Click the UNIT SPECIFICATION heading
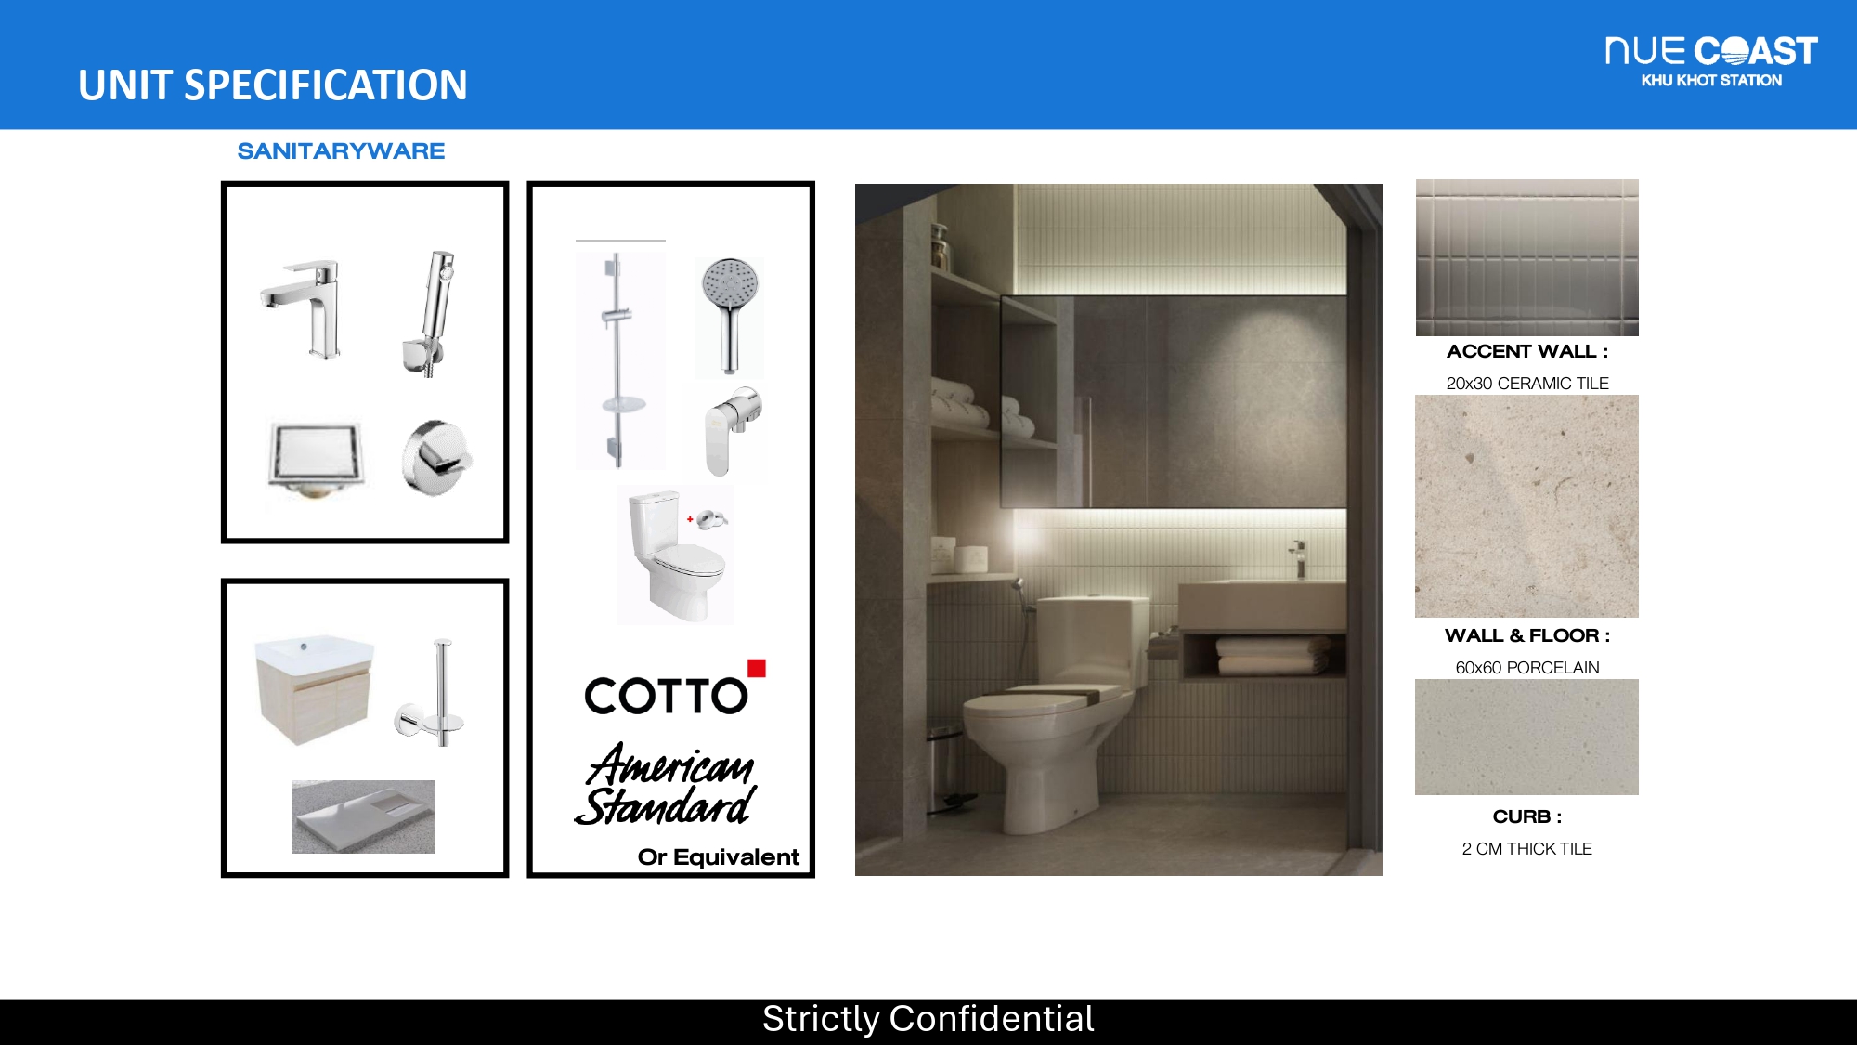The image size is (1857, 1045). click(x=273, y=85)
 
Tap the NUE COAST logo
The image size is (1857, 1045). click(x=1711, y=61)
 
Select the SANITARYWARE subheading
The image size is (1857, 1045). click(x=341, y=151)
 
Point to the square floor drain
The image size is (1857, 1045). click(x=315, y=458)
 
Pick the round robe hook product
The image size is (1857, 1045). click(x=436, y=457)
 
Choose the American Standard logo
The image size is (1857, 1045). click(x=667, y=784)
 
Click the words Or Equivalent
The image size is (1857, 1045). click(x=718, y=857)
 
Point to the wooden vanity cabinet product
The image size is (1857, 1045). click(x=314, y=689)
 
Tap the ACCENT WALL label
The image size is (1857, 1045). click(x=1527, y=352)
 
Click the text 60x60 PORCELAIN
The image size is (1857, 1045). click(x=1527, y=668)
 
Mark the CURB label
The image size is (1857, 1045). click(x=1527, y=817)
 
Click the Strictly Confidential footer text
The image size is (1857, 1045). click(x=928, y=1019)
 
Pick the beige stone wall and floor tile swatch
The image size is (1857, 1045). click(x=1526, y=506)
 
